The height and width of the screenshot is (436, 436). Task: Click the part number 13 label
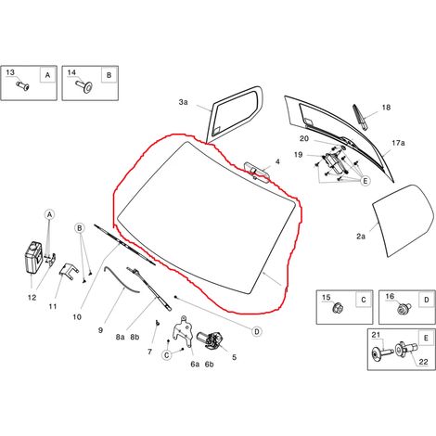click(10, 72)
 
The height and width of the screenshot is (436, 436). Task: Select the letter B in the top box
click(109, 75)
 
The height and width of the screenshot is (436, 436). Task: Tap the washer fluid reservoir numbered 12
click(33, 257)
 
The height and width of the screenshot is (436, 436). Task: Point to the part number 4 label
click(277, 161)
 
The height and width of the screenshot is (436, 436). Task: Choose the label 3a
click(183, 102)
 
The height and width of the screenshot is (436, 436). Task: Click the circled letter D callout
click(257, 331)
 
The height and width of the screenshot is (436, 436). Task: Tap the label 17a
click(398, 143)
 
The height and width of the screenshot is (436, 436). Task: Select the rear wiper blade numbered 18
click(360, 117)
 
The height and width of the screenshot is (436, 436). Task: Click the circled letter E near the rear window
click(365, 181)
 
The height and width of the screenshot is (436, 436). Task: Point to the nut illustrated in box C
click(337, 308)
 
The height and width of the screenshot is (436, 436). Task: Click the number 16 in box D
click(390, 296)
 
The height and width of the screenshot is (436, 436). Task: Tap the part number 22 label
click(423, 362)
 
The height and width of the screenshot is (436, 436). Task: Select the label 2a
click(361, 237)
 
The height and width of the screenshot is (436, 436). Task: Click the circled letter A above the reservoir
click(50, 214)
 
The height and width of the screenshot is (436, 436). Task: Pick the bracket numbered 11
click(67, 271)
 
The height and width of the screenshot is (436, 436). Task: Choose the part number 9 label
click(100, 330)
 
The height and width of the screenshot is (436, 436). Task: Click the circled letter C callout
click(167, 354)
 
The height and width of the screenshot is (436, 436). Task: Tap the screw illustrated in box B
click(84, 86)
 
